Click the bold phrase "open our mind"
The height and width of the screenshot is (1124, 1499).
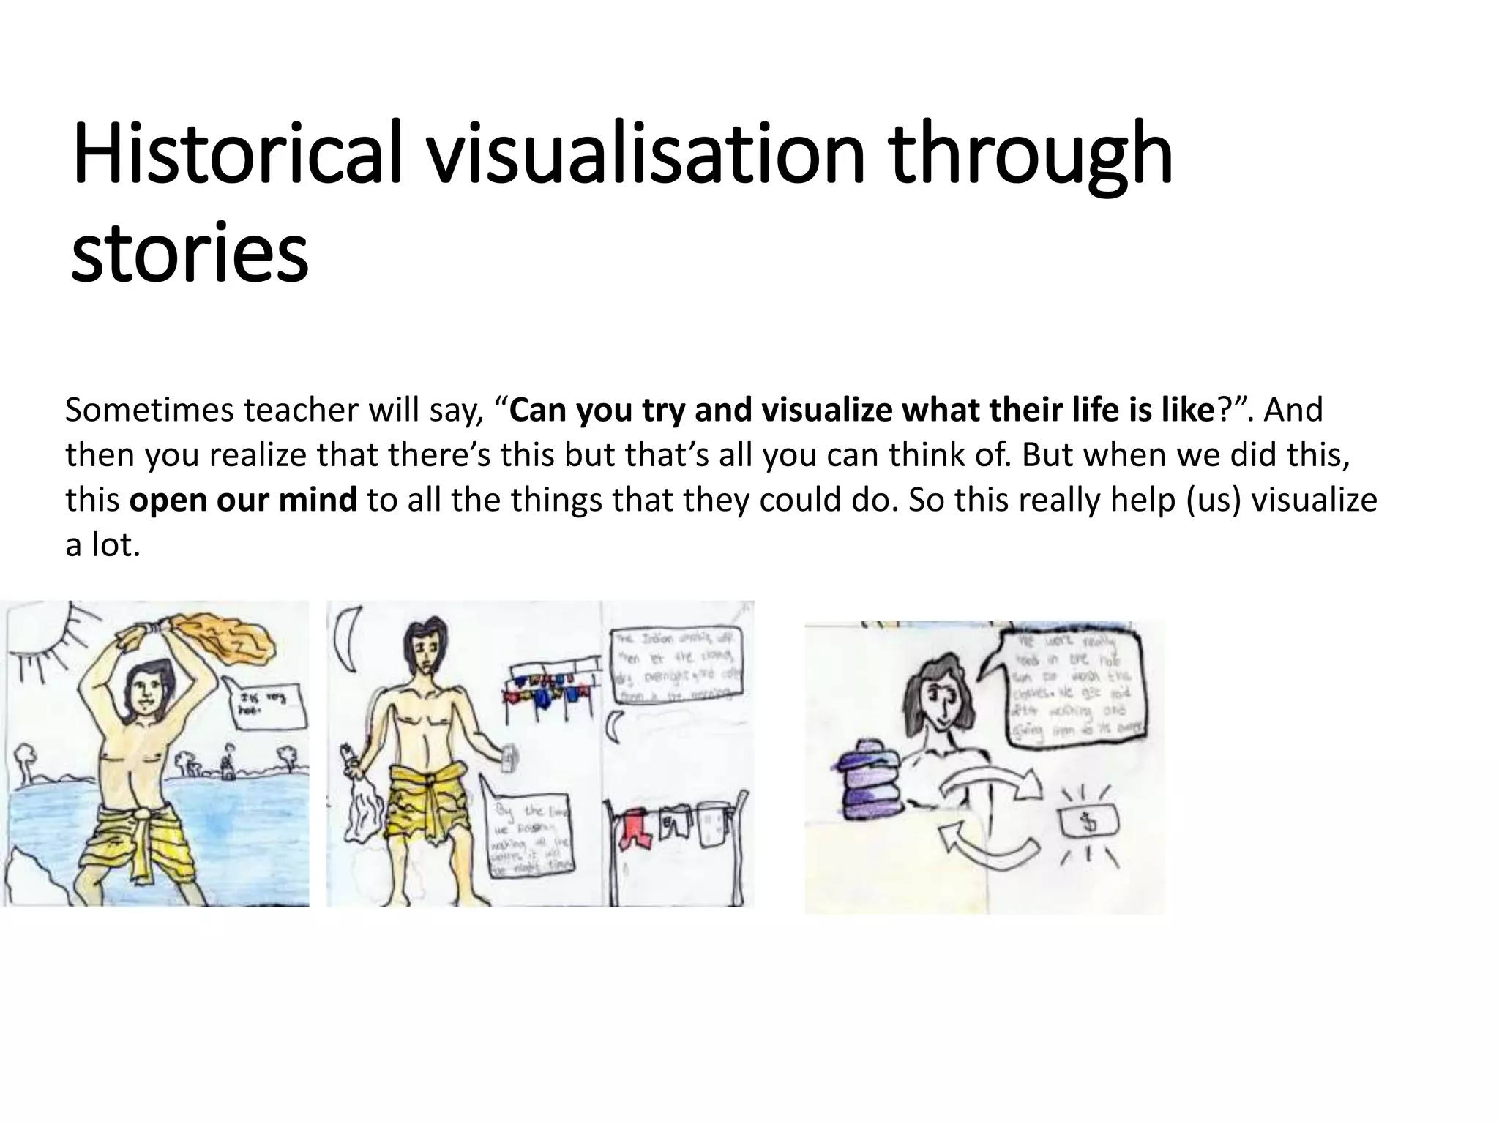click(243, 500)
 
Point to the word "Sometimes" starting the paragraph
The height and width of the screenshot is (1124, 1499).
click(149, 410)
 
